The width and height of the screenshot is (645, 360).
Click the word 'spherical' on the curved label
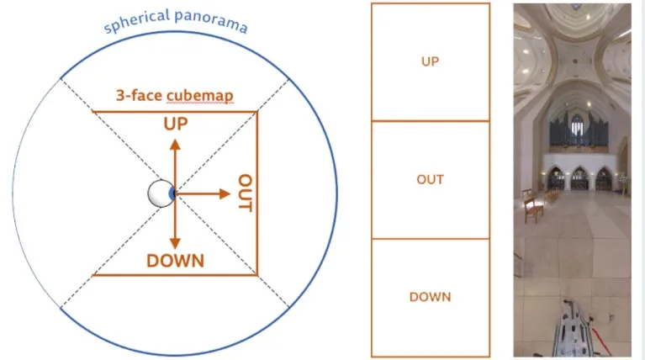point(136,21)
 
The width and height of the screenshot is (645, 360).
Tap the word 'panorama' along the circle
point(211,21)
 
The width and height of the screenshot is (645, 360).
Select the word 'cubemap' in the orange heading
point(200,96)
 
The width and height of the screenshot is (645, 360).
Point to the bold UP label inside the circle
point(176,124)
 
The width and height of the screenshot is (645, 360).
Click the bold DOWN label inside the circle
point(175,261)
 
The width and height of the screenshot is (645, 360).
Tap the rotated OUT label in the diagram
point(246,192)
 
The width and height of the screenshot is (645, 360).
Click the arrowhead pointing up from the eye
point(175,145)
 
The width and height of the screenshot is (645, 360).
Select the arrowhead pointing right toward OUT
point(225,193)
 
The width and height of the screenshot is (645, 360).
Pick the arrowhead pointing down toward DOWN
point(175,243)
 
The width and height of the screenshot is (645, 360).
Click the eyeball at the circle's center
point(161,193)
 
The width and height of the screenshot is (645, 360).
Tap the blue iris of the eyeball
point(172,193)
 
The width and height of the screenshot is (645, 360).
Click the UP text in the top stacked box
point(431,61)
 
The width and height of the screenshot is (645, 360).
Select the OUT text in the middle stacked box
point(431,179)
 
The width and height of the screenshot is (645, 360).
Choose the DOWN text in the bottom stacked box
point(431,297)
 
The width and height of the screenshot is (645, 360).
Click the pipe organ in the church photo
point(579,130)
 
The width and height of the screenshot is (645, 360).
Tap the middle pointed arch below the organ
point(579,177)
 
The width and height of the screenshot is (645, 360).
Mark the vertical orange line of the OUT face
point(257,193)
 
